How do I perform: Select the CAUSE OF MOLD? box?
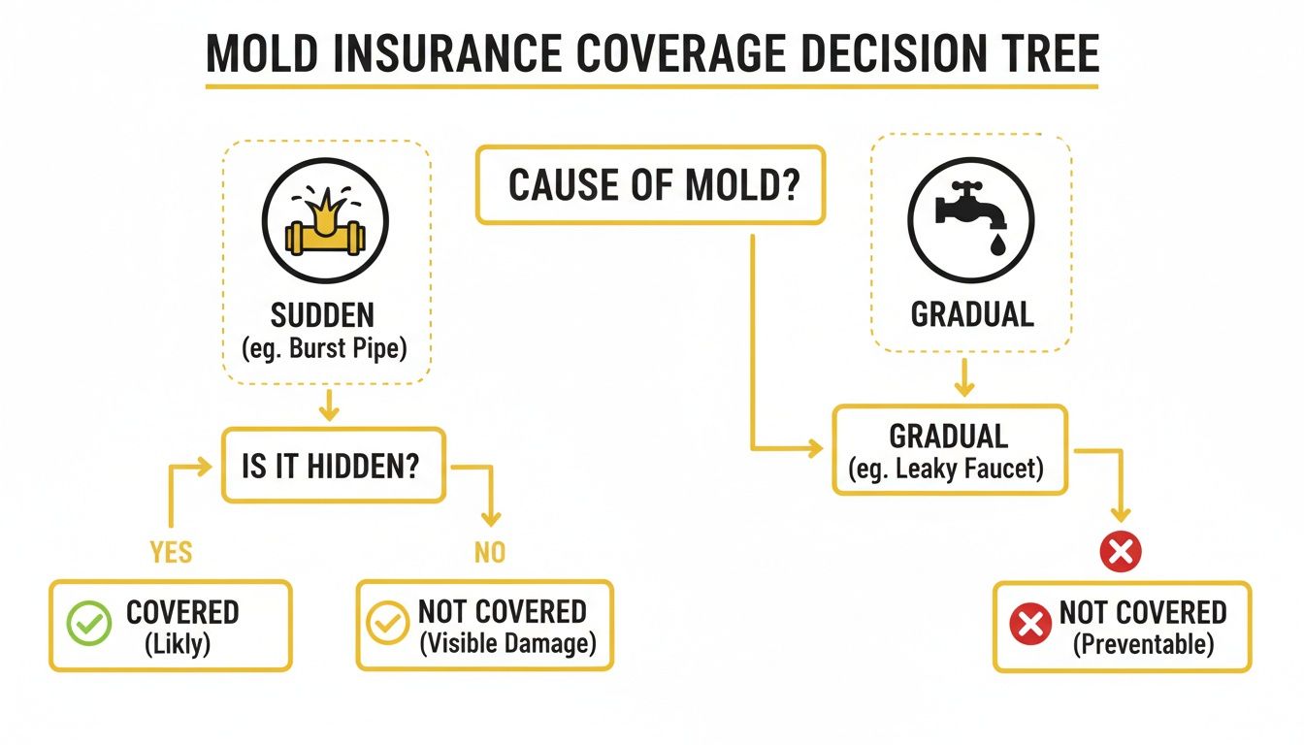click(x=650, y=184)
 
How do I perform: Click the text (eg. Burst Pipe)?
click(x=325, y=347)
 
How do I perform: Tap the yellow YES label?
click(x=171, y=552)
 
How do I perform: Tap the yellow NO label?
click(x=489, y=552)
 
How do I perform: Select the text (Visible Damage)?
click(x=506, y=644)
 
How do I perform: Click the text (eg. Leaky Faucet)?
click(x=948, y=470)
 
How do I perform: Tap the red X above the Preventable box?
click(x=1120, y=552)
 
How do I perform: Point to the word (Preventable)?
click(x=1143, y=644)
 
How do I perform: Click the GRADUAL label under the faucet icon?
click(x=971, y=313)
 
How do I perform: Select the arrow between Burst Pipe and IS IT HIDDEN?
click(x=329, y=405)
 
